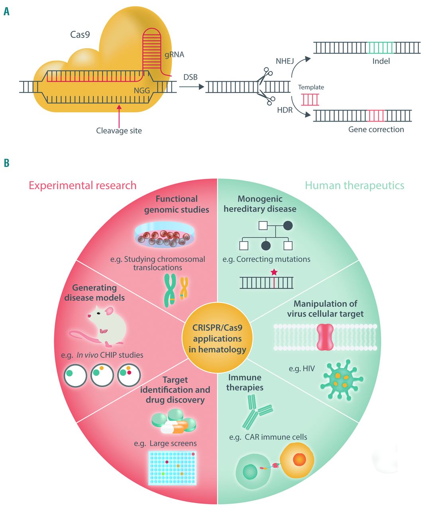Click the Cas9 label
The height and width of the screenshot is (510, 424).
coord(80,35)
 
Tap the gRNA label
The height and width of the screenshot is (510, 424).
coord(175,55)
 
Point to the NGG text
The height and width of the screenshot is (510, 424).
coord(142,90)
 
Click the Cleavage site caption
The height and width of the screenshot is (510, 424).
coord(119,131)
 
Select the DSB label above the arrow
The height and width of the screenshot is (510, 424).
coord(190,77)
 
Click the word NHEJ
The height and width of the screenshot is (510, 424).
coord(285,61)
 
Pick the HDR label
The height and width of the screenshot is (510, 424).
coord(285,110)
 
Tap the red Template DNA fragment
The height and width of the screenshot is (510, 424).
coord(310,100)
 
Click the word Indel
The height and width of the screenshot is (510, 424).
coord(381,61)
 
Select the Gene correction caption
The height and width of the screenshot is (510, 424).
coord(376,129)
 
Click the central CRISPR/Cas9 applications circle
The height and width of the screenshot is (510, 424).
coord(217,339)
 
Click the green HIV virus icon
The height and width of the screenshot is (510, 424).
coord(341,379)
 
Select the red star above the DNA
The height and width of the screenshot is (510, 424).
coord(274,273)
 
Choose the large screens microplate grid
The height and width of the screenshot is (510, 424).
coord(172,467)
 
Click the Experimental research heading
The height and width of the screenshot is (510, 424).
coord(82,185)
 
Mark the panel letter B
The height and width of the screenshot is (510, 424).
coord(6,163)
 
